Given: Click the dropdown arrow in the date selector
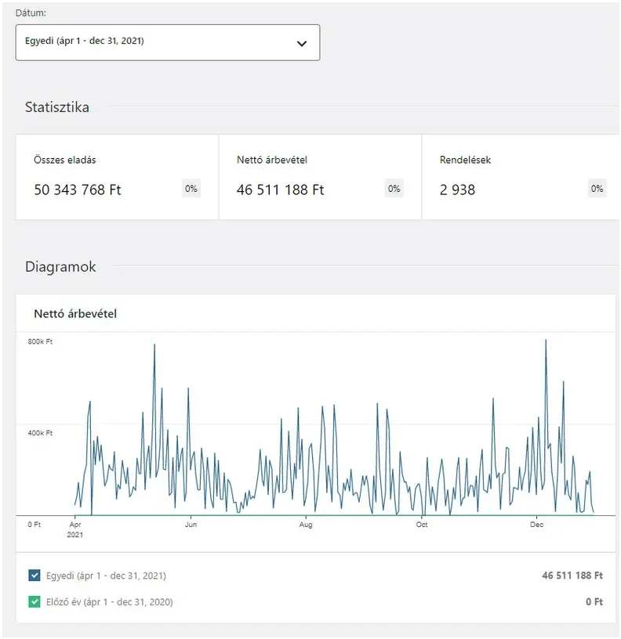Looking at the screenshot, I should click(x=302, y=43).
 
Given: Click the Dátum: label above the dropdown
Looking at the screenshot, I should click(x=31, y=13).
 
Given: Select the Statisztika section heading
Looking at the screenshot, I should click(x=57, y=107).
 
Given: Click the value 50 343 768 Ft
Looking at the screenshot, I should click(x=78, y=190).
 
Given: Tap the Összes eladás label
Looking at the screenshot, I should click(x=65, y=160).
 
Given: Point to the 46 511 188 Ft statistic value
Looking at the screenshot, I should click(x=280, y=190).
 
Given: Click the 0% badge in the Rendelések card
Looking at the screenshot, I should click(x=597, y=189).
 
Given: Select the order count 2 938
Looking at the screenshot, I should click(x=457, y=190).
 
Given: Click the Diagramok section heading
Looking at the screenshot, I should click(x=60, y=267).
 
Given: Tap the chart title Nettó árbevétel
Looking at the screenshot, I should click(x=75, y=314).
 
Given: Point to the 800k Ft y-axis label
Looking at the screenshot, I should click(x=40, y=342).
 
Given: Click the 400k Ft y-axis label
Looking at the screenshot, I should click(x=40, y=433).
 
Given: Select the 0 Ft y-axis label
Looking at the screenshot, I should click(x=34, y=524).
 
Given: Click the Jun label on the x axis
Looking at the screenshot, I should click(x=191, y=525).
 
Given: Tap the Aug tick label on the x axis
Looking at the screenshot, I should click(x=306, y=525).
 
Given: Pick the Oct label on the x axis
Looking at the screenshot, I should click(x=422, y=525).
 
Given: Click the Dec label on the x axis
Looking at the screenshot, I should click(x=537, y=525).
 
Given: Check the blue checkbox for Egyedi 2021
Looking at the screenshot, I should click(x=34, y=576).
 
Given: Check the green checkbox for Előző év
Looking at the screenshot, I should click(x=34, y=602).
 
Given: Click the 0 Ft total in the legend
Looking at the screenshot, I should click(x=594, y=602).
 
